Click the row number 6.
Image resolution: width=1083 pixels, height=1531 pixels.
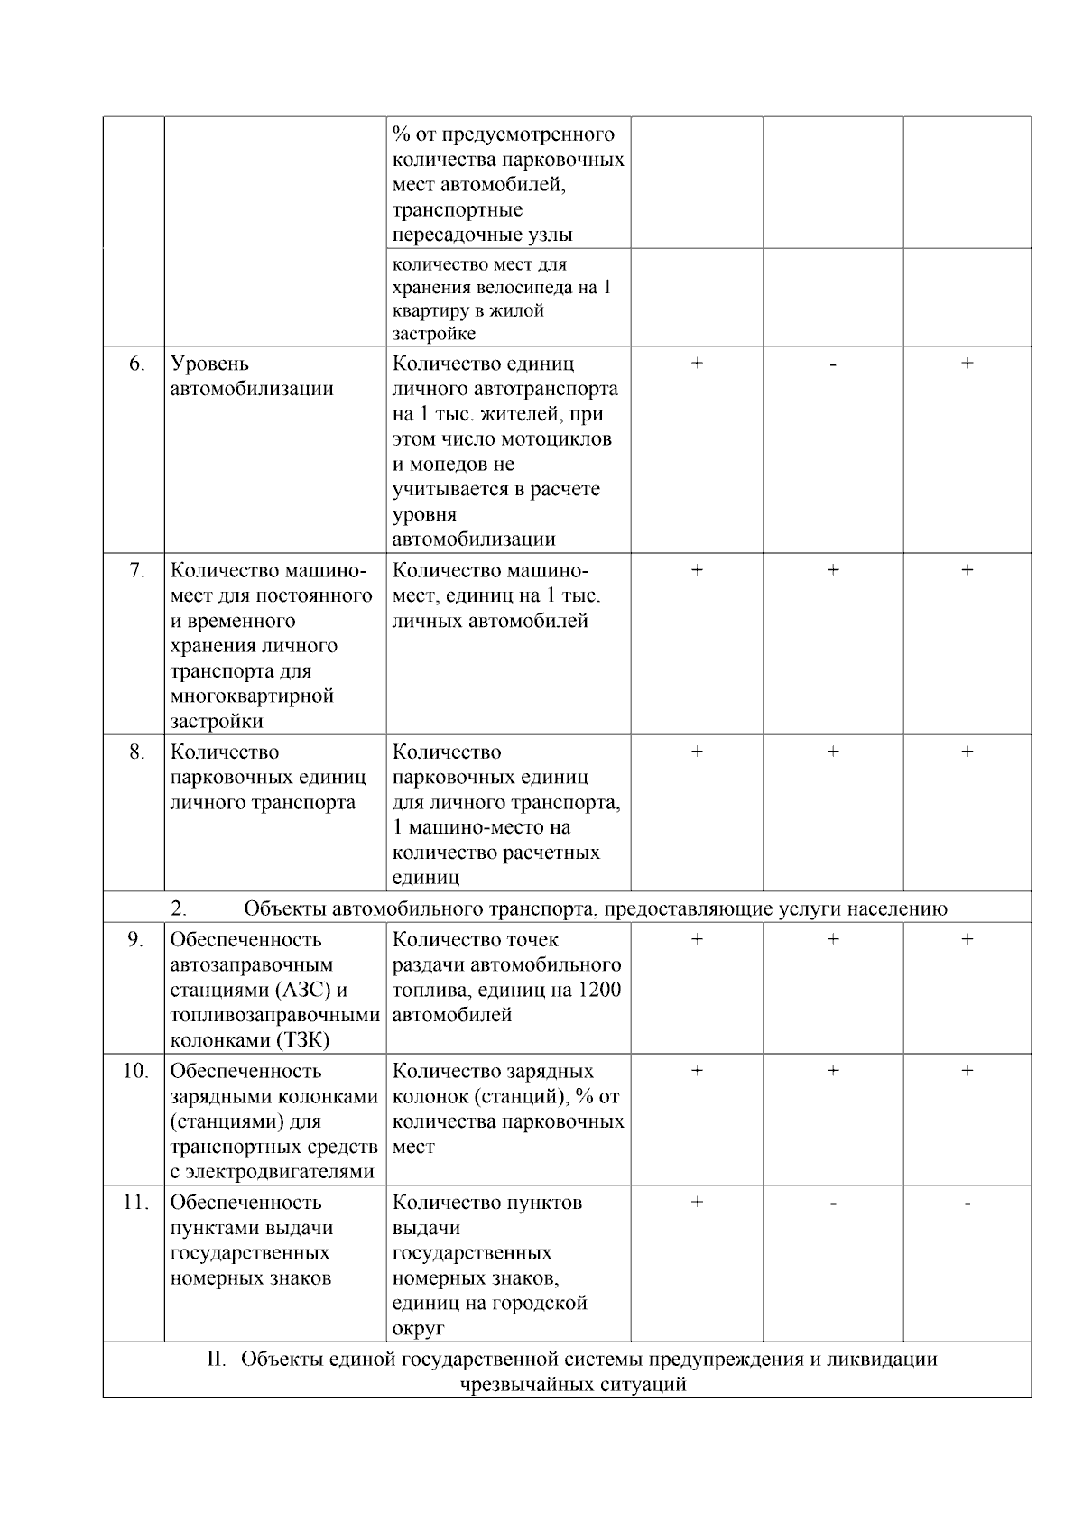136,364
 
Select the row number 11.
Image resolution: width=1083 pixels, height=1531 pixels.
135,1203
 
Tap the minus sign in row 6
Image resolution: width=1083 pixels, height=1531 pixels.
832,364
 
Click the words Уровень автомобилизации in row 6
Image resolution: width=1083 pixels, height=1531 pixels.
252,376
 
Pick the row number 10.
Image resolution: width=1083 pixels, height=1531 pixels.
135,1071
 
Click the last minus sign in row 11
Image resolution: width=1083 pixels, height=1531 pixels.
967,1204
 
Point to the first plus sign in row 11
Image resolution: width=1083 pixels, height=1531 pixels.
697,1202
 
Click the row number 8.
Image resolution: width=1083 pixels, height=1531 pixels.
136,752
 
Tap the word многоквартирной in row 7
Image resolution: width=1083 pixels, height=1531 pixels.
252,696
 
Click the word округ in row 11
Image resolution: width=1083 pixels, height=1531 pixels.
419,1328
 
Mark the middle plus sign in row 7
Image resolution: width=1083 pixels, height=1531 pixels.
832,570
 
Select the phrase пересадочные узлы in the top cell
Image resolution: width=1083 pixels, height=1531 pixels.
482,235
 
